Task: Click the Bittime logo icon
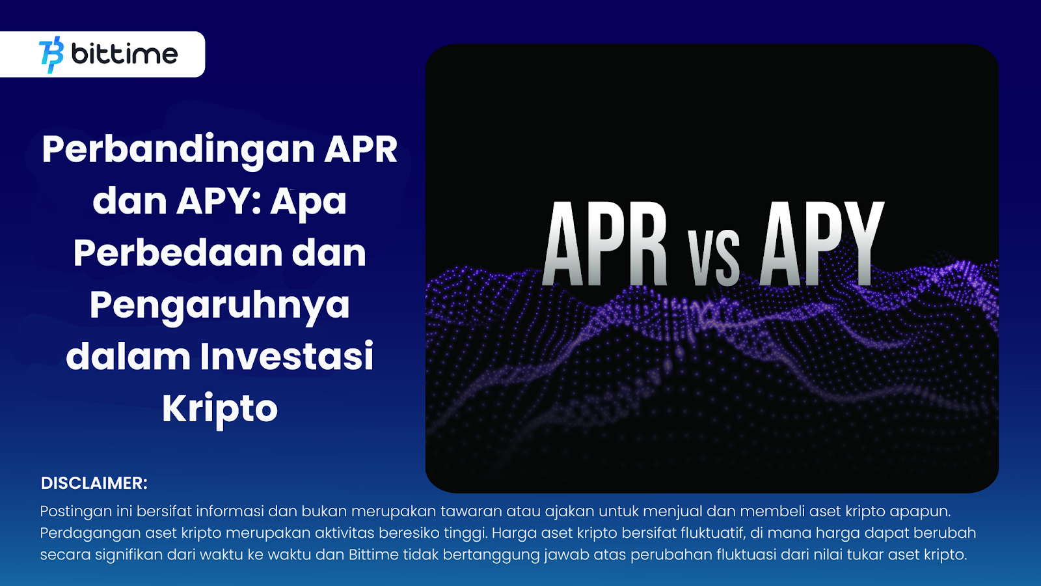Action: click(51, 55)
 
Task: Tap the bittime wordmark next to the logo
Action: click(124, 54)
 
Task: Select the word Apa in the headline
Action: click(308, 202)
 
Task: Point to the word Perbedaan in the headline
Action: click(178, 253)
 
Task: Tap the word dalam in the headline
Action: click(128, 357)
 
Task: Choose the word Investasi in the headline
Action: click(287, 357)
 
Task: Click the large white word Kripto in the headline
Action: click(220, 410)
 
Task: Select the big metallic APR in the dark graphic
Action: click(605, 244)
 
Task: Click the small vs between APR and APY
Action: click(714, 257)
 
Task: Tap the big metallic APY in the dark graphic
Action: click(822, 244)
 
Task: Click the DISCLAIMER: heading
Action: click(94, 483)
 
